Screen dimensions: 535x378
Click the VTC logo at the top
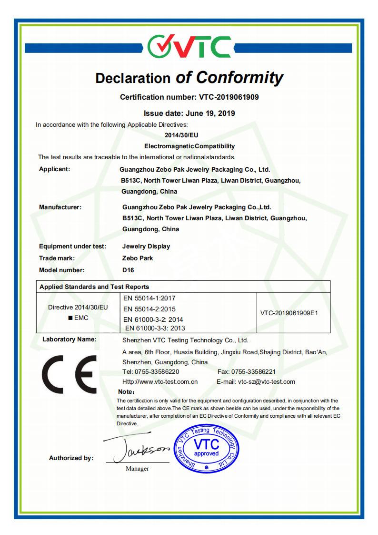pos(189,47)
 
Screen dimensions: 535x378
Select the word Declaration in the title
pos(133,78)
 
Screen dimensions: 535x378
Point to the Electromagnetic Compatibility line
pos(189,146)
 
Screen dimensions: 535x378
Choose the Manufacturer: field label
pos(60,207)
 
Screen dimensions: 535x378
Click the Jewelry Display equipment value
pos(146,247)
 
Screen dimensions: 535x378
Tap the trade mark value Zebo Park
pos(138,258)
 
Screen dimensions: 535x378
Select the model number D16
pos(128,270)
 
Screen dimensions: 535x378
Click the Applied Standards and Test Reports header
pos(94,287)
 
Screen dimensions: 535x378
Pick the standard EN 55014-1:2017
pos(149,298)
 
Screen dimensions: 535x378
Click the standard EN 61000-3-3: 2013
pos(155,328)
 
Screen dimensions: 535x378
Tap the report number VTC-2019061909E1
pos(289,313)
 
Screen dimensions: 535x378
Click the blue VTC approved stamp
pos(206,449)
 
